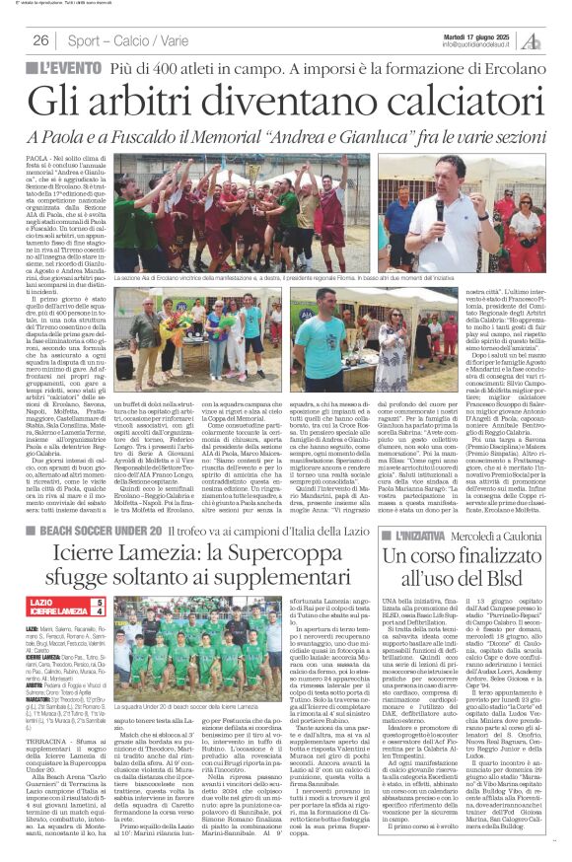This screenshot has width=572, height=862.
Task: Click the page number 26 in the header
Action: click(x=41, y=41)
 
